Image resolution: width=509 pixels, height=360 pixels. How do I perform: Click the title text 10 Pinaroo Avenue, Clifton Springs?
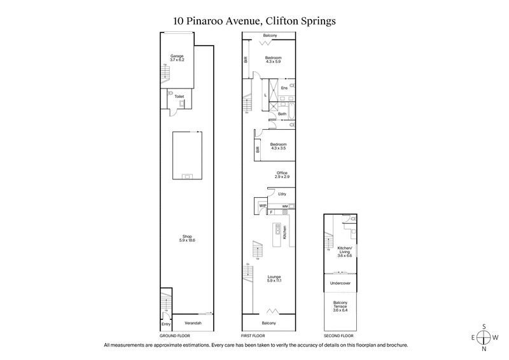(x=254, y=20)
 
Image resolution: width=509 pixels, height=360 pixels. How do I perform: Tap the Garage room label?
(x=176, y=59)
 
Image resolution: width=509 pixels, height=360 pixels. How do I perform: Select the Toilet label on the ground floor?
(x=179, y=96)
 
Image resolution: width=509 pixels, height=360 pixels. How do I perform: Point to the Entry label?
(x=165, y=323)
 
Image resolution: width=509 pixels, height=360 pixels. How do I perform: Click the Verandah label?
(x=193, y=323)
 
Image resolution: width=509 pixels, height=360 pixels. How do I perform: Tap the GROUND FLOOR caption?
(x=174, y=335)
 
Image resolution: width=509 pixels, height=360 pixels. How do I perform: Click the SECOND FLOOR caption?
(x=338, y=335)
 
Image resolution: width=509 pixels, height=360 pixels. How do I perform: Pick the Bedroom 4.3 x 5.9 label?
(x=274, y=59)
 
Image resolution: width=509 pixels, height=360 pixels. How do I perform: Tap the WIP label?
(x=261, y=205)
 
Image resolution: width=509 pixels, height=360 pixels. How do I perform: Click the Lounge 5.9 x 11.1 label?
(x=274, y=279)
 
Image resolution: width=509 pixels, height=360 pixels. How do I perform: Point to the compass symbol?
(x=484, y=337)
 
